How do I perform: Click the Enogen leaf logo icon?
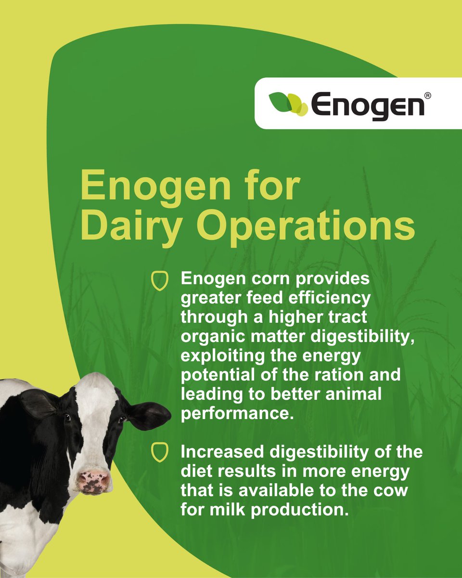coord(288,103)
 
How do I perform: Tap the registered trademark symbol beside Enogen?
coord(428,96)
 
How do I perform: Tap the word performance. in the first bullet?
coord(237,413)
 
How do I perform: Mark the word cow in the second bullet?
coord(393,490)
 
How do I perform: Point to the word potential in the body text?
coord(218,374)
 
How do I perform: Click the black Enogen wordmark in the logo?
coord(367,104)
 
